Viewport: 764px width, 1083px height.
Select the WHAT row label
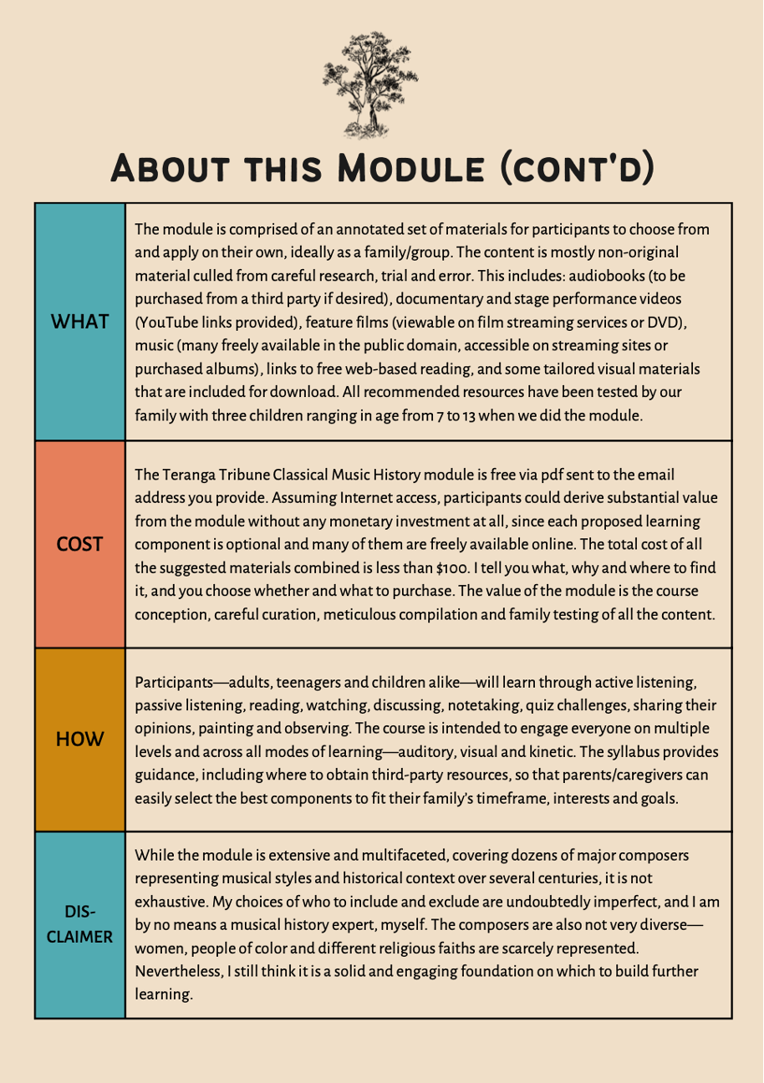(x=80, y=322)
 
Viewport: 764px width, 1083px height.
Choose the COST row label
(x=80, y=544)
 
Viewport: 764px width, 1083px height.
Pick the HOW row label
(x=80, y=740)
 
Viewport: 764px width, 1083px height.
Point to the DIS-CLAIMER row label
(x=80, y=925)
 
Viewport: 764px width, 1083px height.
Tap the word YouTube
(x=168, y=322)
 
